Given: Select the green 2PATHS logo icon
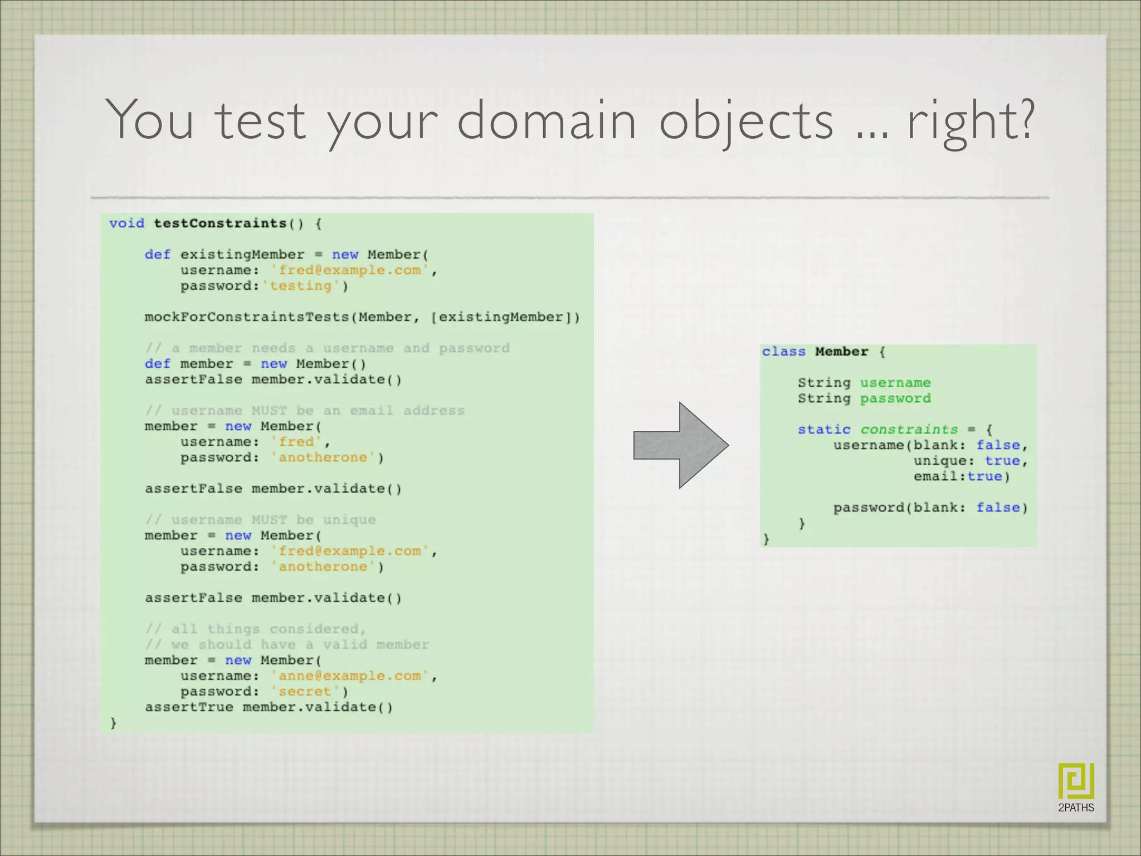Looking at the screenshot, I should coord(1076,781).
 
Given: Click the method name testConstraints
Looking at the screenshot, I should coord(220,223).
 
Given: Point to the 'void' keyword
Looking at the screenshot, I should coord(126,223).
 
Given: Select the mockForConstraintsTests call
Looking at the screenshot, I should coord(362,317).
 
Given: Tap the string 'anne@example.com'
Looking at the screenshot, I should coord(350,676).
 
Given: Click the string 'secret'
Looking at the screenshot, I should coord(305,692).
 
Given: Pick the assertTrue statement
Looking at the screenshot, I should coord(269,707).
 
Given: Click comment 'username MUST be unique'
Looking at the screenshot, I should coord(260,520).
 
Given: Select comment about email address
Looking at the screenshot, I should coord(305,411).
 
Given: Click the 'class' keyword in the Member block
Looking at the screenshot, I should coord(783,352).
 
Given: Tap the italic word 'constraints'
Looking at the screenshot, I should coord(909,430).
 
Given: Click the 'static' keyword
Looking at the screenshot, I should coord(824,430).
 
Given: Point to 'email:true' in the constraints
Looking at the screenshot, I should coord(961,476).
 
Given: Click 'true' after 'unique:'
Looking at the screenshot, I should coord(1002,461).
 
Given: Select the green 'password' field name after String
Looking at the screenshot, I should coord(895,398).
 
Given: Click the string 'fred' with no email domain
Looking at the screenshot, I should coord(296,442).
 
